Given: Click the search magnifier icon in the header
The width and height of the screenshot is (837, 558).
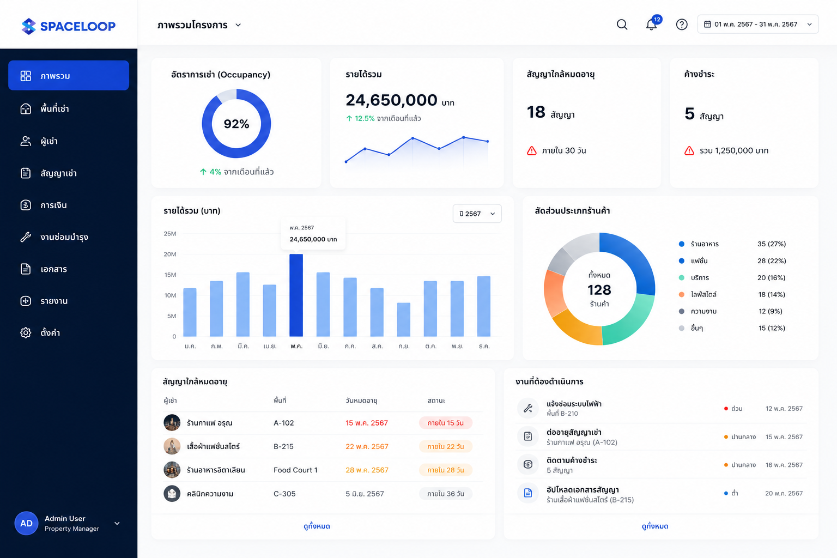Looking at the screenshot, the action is [x=622, y=25].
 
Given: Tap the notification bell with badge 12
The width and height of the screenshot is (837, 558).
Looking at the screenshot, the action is [x=652, y=23].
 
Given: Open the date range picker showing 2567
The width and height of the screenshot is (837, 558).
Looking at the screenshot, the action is [x=758, y=25].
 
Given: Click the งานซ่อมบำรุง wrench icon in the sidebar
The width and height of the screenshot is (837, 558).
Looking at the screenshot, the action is [x=26, y=237].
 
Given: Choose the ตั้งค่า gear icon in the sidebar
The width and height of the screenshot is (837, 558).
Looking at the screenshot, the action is [x=26, y=332].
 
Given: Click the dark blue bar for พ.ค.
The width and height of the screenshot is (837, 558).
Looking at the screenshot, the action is [x=296, y=295].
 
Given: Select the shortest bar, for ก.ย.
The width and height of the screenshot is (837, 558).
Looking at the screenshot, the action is [x=404, y=319].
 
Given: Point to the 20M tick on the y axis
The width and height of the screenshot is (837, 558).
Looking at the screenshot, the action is [x=169, y=254].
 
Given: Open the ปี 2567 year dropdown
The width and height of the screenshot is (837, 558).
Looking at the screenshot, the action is [x=477, y=214].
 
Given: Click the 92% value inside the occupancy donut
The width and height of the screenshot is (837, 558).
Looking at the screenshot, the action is [x=236, y=124].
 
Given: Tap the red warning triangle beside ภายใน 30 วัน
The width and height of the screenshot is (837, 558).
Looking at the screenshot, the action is [x=531, y=150].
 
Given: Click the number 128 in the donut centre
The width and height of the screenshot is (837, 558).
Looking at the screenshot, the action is [x=599, y=290].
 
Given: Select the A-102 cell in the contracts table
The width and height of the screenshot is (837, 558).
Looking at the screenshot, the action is [x=283, y=423].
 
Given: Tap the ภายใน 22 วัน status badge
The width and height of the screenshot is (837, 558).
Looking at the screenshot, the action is [x=445, y=446].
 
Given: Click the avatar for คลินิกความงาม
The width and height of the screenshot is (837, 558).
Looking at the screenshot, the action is [x=172, y=493].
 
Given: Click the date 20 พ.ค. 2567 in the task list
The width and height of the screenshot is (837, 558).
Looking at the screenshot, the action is [x=784, y=493].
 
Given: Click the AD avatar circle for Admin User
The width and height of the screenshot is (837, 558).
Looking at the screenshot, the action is [x=26, y=523].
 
